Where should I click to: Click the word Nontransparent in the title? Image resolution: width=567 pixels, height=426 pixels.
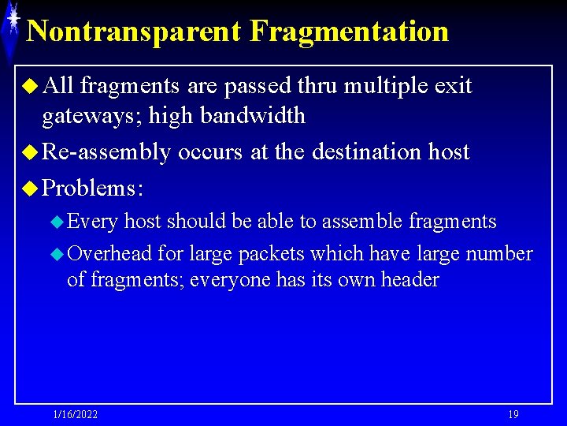point(134,32)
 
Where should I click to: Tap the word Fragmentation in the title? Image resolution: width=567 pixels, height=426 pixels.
point(349,32)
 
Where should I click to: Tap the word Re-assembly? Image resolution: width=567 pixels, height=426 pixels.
point(106,151)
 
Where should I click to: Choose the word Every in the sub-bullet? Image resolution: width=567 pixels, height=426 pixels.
point(93,222)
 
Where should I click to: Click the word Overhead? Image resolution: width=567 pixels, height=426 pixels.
point(110,253)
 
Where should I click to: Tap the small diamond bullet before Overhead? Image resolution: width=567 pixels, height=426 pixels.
point(57,254)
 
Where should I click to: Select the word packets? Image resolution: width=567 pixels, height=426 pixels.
point(273,253)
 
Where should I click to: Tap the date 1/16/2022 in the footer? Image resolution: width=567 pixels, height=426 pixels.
point(76,414)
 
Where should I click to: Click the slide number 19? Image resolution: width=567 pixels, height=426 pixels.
point(513,414)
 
